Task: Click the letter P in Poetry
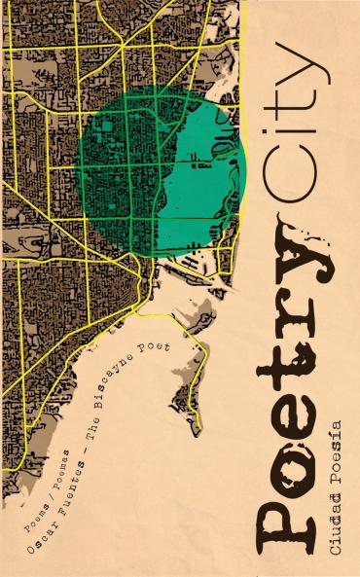pos(292,506)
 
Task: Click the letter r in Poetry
pos(292,302)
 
